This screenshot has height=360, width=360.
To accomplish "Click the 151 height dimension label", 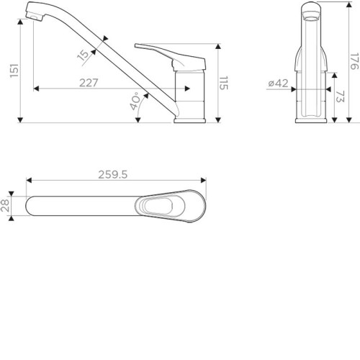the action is (14, 71).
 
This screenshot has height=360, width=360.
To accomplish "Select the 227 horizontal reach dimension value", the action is (89, 83).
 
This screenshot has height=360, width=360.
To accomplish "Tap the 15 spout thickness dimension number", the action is (83, 55).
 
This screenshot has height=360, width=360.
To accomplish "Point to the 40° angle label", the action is (135, 101).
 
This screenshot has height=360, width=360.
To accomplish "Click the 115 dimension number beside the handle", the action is (224, 83).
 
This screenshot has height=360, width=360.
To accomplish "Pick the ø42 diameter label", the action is (278, 84).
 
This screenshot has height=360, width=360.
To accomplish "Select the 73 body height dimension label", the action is (340, 96).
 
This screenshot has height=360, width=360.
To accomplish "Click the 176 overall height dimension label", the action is (355, 61).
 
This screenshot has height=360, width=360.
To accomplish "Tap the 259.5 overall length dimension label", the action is (113, 175).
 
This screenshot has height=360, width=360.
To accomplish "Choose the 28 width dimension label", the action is (5, 206).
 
